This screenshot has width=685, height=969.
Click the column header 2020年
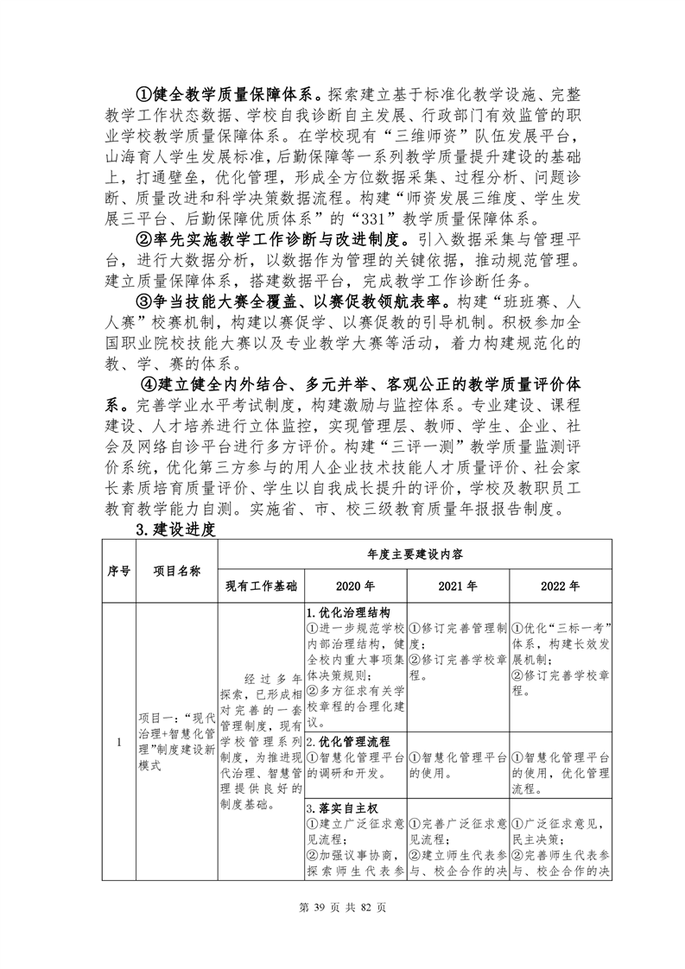(x=355, y=585)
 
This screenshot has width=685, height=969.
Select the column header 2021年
(x=457, y=585)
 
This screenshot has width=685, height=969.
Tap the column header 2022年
(x=560, y=585)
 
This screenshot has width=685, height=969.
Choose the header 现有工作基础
(x=261, y=585)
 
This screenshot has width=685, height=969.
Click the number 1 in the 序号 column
(x=118, y=742)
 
